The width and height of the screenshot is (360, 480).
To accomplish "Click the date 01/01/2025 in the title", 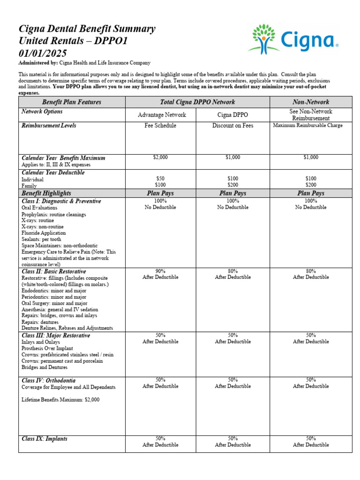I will tap(42, 53).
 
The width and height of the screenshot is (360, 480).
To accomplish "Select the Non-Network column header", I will tap(310, 102).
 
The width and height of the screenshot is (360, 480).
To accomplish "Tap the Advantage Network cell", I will tap(162, 115).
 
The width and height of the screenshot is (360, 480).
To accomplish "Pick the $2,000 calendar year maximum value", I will tap(160, 157).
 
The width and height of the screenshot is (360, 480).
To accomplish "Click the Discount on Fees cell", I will tap(232, 126).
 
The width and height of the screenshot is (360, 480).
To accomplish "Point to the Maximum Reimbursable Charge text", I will tap(311, 126).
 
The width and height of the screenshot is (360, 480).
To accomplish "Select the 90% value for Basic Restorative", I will tap(160, 271).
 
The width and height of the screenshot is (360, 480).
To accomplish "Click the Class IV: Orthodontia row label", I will tap(48, 381).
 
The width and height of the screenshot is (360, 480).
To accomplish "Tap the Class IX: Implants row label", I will tap(45, 439).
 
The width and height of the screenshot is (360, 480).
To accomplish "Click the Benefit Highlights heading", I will tap(46, 193).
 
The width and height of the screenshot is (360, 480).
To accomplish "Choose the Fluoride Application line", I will tap(44, 233).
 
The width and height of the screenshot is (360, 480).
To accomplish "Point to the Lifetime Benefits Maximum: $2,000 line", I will tap(60, 400).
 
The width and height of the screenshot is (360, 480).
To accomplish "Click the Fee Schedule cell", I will tap(160, 126).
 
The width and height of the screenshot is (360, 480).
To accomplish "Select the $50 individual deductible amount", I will tap(160, 179).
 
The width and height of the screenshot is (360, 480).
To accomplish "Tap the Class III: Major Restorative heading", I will tap(56, 336).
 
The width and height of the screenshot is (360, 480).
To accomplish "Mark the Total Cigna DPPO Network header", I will tap(197, 102).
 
